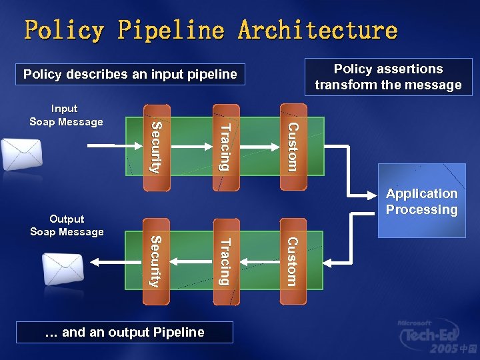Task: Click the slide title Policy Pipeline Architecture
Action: pos(211,30)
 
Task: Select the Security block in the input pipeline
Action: pos(155,147)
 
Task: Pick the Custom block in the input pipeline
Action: pos(293,145)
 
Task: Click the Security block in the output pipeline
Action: pos(155,261)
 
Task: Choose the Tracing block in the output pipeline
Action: pos(225,261)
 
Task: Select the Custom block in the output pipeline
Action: pos(293,261)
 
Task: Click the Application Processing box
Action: pos(422,201)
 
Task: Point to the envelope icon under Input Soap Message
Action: pos(21,155)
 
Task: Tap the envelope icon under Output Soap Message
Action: pos(63,269)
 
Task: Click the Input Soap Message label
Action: pos(66,115)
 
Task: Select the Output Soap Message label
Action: pos(67,225)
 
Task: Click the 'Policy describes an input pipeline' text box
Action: pos(130,74)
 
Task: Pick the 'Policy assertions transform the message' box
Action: pos(388,77)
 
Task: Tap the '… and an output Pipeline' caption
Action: pos(125,332)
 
